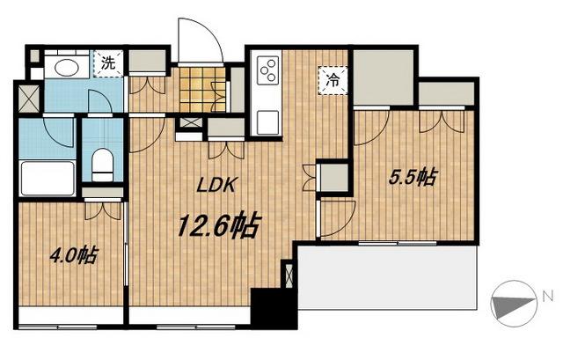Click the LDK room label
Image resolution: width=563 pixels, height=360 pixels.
click(216, 185)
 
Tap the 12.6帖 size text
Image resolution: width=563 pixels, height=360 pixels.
click(218, 226)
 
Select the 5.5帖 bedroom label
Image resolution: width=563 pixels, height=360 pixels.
click(413, 177)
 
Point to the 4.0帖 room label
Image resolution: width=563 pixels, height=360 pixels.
click(73, 255)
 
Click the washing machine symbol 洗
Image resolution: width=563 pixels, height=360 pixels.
click(108, 63)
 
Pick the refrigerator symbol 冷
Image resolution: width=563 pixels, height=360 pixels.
click(333, 81)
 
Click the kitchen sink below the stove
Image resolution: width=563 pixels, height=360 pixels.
click(268, 122)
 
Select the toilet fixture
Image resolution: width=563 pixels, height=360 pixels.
click(102, 165)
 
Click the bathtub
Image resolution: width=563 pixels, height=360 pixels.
click(48, 179)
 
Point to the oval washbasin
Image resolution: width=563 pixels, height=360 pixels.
click(67, 67)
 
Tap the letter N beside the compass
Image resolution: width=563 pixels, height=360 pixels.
click(547, 297)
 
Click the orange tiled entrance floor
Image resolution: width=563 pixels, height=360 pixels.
click(203, 89)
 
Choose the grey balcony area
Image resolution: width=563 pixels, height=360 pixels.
click(388, 277)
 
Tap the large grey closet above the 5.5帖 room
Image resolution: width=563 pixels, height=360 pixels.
click(384, 77)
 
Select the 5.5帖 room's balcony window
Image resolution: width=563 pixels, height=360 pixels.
click(398, 243)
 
